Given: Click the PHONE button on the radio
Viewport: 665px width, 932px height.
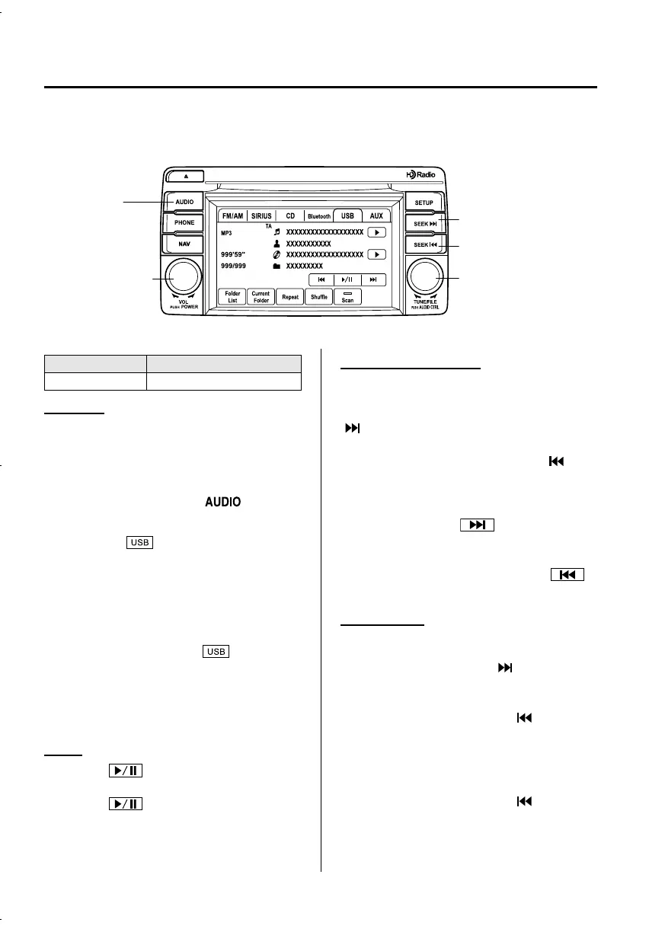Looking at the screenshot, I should [x=184, y=222].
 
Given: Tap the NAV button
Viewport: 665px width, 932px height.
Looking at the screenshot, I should [x=184, y=244].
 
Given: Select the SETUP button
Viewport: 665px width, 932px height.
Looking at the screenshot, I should [x=424, y=203].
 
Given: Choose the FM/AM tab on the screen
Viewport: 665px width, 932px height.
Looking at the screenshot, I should [x=232, y=216].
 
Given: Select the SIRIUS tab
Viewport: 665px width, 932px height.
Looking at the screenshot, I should [x=261, y=216].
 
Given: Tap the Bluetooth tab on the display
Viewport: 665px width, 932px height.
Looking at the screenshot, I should [x=319, y=216].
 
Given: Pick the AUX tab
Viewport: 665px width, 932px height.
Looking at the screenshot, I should [x=376, y=216].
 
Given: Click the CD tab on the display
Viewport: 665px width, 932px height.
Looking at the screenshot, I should [x=290, y=216].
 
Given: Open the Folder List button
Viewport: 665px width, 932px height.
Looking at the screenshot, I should [x=232, y=297].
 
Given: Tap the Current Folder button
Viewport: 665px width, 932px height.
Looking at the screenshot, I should [x=261, y=297].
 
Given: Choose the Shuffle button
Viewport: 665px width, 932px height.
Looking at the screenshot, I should [x=318, y=297].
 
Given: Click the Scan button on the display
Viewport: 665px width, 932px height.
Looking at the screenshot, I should [x=347, y=297].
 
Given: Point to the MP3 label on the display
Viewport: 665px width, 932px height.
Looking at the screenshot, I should [x=226, y=232].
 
